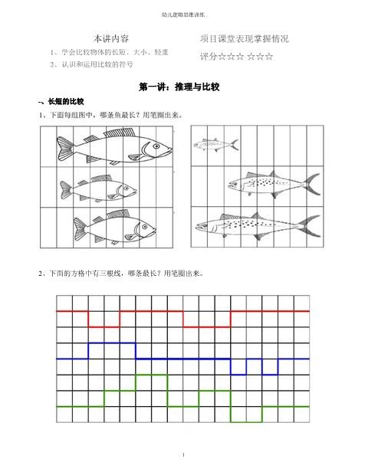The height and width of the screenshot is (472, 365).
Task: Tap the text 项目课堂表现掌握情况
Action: pyautogui.click(x=244, y=38)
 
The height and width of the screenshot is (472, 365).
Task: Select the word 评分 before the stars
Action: pyautogui.click(x=208, y=56)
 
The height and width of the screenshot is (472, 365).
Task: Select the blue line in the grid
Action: pyautogui.click(x=184, y=359)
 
